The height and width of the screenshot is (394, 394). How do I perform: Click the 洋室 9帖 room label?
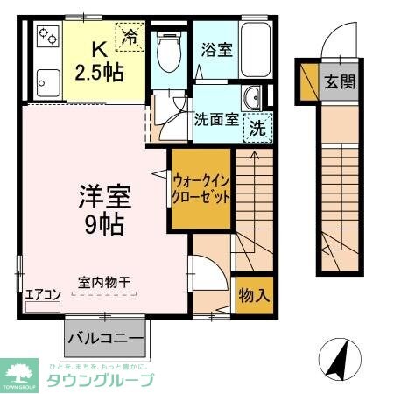pos(103,208)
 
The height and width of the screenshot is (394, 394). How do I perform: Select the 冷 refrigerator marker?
pos(130,38)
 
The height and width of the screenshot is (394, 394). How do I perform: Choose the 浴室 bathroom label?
pos(215,49)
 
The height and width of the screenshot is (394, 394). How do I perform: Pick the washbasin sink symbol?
pos(254,98)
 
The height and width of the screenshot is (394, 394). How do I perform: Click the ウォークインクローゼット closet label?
pos(201,186)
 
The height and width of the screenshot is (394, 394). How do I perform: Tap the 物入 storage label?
pos(254,295)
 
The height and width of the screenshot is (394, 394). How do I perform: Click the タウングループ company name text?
pos(100,380)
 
